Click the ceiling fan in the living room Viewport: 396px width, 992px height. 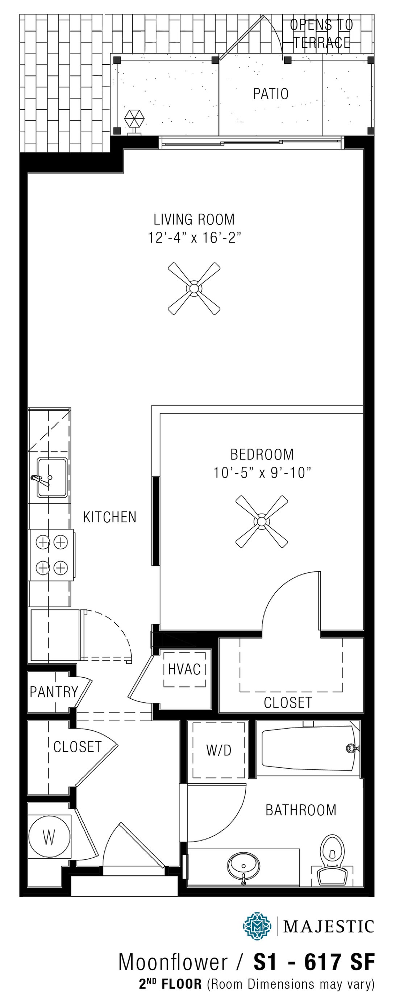click(x=194, y=288)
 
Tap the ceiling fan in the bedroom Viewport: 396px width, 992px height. click(x=262, y=522)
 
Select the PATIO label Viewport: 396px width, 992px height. click(x=270, y=94)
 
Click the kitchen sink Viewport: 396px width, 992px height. click(x=51, y=477)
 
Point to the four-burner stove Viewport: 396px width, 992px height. click(x=51, y=555)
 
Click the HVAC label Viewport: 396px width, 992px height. click(x=184, y=669)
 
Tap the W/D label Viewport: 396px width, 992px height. click(x=218, y=750)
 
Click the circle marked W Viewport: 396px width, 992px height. click(x=49, y=836)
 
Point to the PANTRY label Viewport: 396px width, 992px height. click(x=54, y=692)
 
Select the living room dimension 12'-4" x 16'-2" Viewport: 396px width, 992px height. click(x=194, y=237)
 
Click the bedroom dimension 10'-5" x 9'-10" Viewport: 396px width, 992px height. click(x=262, y=473)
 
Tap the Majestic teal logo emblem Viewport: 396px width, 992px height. click(x=257, y=926)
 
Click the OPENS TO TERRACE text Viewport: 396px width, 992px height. click(x=321, y=34)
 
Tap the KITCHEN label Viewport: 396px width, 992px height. click(x=110, y=517)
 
